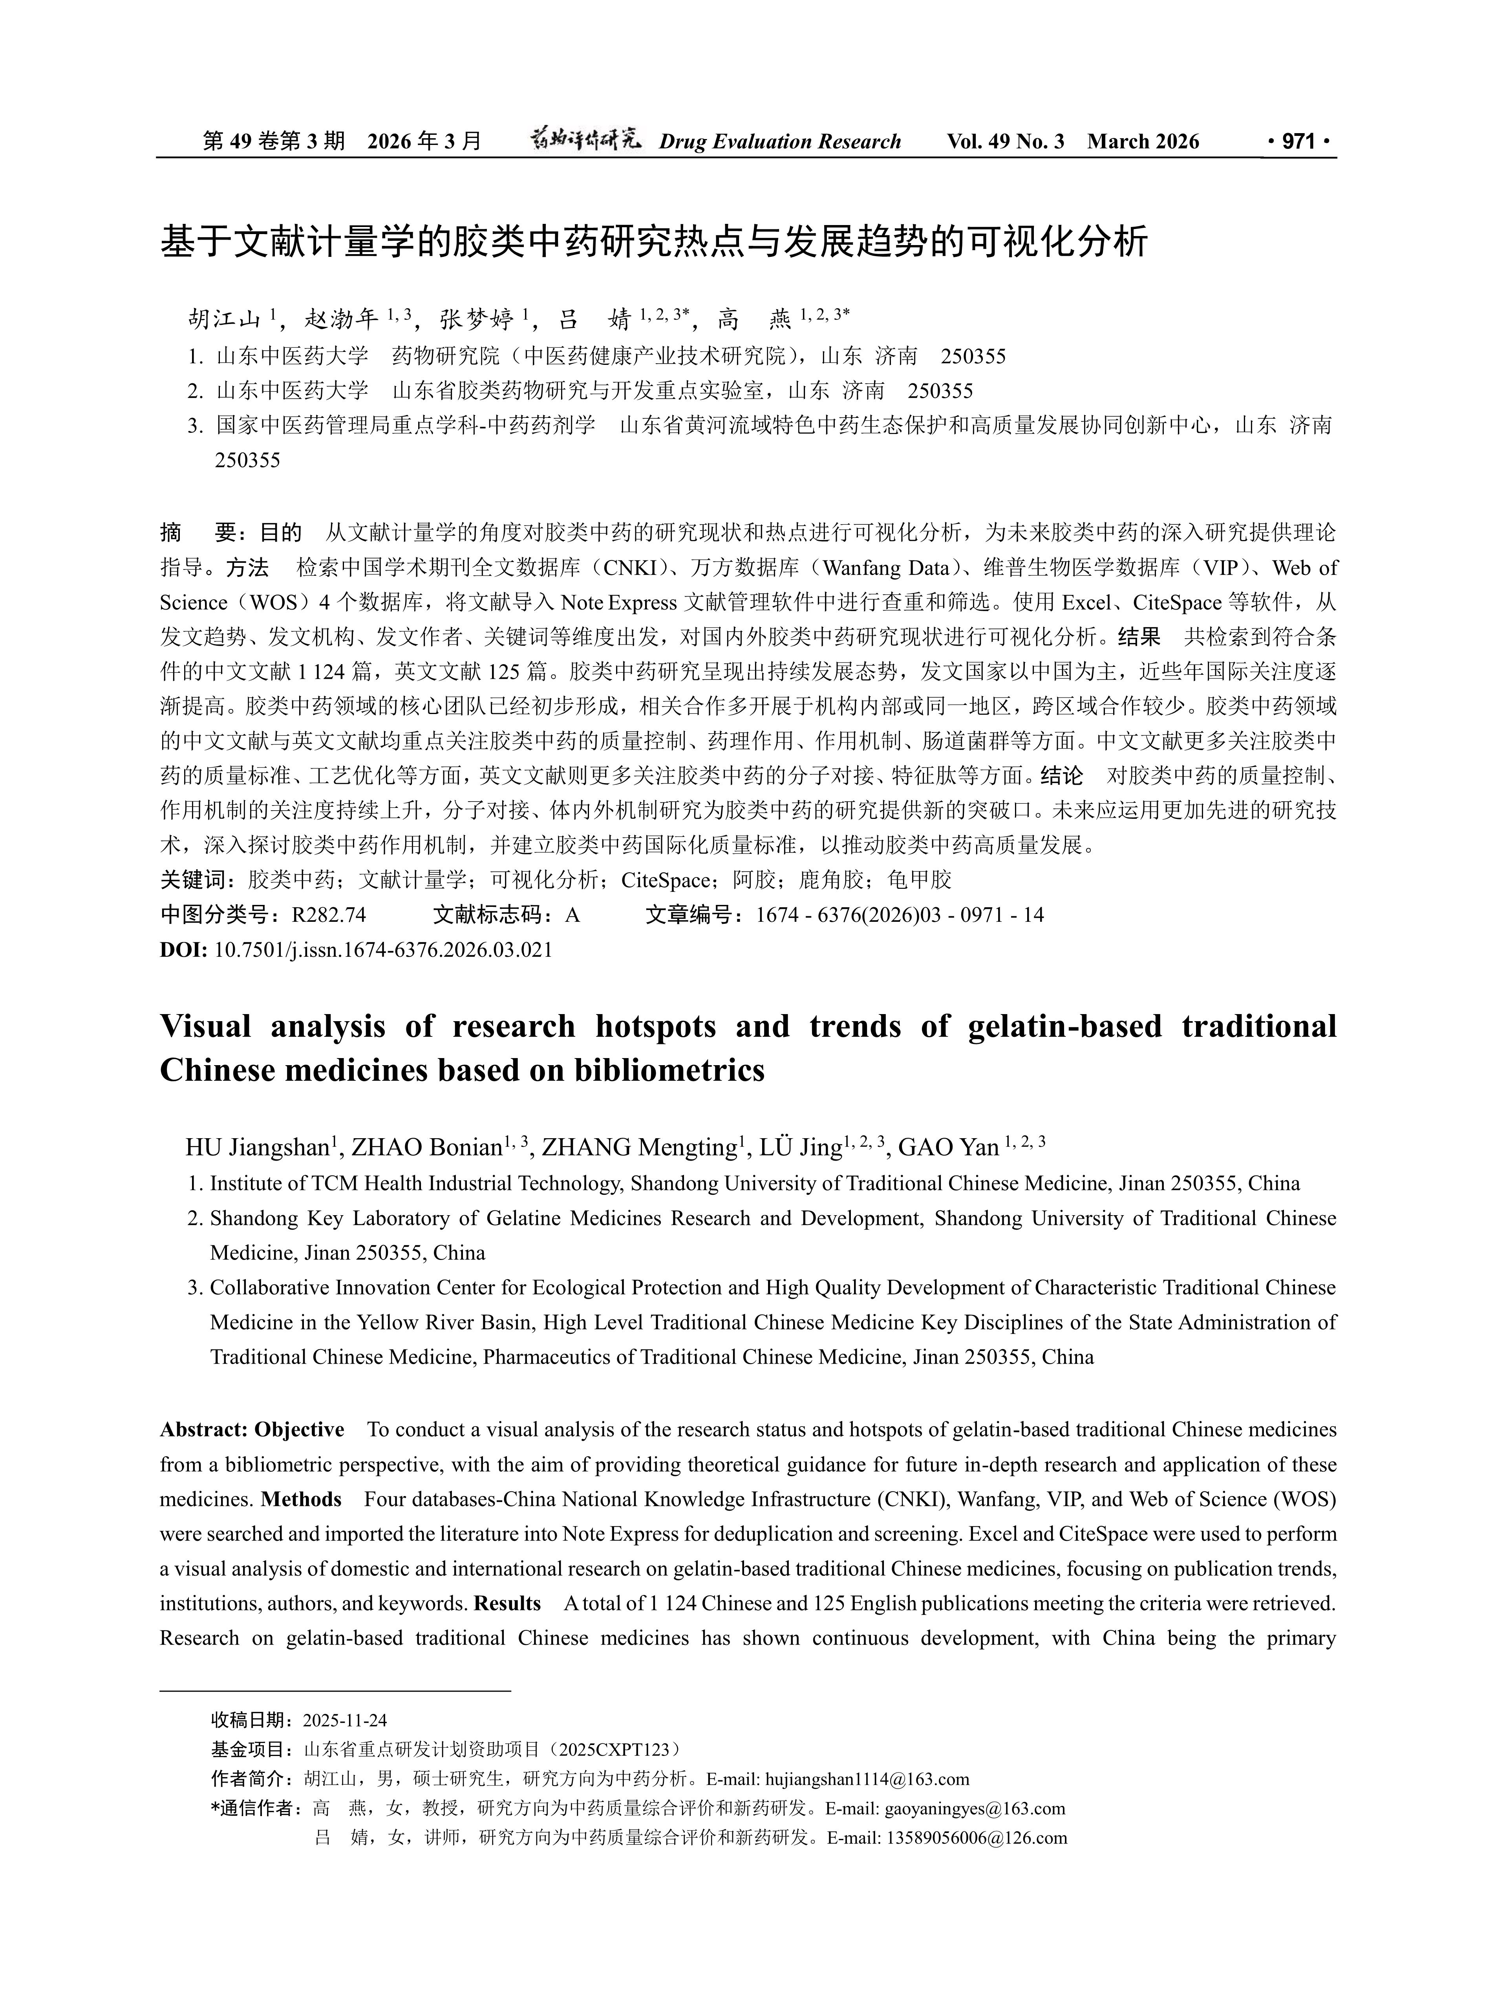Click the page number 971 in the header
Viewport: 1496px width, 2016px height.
pyautogui.click(x=1298, y=141)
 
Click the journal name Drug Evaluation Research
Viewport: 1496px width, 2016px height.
pyautogui.click(x=780, y=141)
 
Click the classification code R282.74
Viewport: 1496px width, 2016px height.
pyautogui.click(x=329, y=915)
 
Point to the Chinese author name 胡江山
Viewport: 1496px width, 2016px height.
pyautogui.click(x=225, y=319)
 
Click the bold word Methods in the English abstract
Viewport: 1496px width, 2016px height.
pyautogui.click(x=301, y=1499)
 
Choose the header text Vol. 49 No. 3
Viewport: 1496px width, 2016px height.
pyautogui.click(x=1005, y=141)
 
